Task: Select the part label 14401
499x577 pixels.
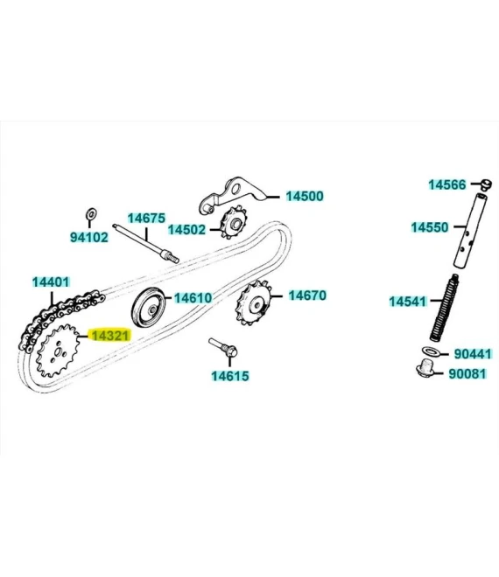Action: point(51,282)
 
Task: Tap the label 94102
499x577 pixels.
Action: point(89,237)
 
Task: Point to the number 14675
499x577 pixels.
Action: point(146,219)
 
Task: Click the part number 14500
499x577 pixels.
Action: point(305,196)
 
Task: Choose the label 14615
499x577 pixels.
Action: point(230,376)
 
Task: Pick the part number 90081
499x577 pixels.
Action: point(467,373)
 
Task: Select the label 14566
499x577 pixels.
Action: point(447,184)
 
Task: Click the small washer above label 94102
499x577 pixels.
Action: point(91,213)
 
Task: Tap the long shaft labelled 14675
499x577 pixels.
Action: point(145,243)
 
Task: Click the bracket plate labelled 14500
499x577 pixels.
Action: point(233,195)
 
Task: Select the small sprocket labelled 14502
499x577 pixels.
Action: point(234,223)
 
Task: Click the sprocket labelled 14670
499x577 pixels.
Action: point(254,303)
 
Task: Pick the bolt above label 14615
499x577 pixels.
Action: point(223,347)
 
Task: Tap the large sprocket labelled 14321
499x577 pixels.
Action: point(59,351)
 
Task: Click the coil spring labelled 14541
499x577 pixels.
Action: point(444,308)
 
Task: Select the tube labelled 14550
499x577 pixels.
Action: point(471,230)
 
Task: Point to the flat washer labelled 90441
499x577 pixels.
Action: point(431,351)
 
